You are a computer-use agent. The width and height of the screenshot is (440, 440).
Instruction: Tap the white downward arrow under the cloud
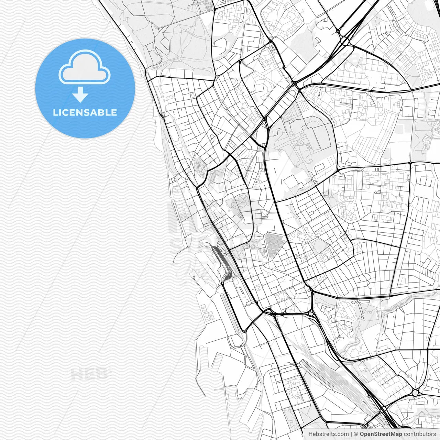tap(80, 95)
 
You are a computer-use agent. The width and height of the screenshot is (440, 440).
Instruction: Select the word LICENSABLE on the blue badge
tap(85, 112)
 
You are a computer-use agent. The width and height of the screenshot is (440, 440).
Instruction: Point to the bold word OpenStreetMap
tap(381, 434)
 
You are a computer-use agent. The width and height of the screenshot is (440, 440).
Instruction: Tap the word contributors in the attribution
tap(420, 434)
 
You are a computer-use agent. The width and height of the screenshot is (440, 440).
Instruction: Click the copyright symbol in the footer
tap(356, 434)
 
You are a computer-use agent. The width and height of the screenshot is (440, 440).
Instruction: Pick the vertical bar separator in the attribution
tap(351, 434)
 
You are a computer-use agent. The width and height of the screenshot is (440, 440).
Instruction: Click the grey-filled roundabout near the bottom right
tap(415, 392)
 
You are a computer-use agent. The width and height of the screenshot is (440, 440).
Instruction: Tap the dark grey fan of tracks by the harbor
tap(223, 265)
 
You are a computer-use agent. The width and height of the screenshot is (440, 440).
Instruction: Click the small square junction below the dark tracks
tap(222, 283)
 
